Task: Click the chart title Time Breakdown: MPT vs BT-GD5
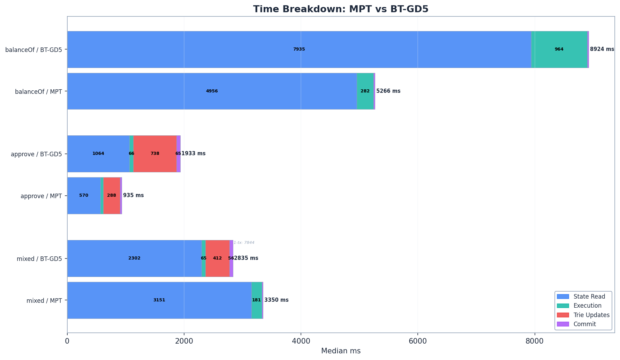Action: click(x=341, y=9)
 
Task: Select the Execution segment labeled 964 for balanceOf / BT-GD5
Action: click(x=559, y=49)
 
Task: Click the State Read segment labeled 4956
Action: click(x=212, y=91)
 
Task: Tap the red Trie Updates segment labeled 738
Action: click(x=155, y=153)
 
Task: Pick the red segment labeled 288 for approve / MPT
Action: click(x=112, y=195)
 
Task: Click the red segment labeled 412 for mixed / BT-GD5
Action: click(x=217, y=258)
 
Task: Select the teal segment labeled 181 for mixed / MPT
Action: click(x=256, y=300)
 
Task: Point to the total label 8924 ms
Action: click(x=602, y=49)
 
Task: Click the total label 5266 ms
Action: click(x=388, y=91)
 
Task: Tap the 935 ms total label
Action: click(x=133, y=195)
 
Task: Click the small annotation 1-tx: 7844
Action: click(x=244, y=242)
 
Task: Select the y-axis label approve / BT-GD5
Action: click(x=36, y=154)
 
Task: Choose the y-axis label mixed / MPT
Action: click(x=44, y=301)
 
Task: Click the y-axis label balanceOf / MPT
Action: click(x=38, y=92)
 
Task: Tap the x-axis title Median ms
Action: click(x=341, y=351)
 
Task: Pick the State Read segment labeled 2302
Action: click(x=134, y=258)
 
